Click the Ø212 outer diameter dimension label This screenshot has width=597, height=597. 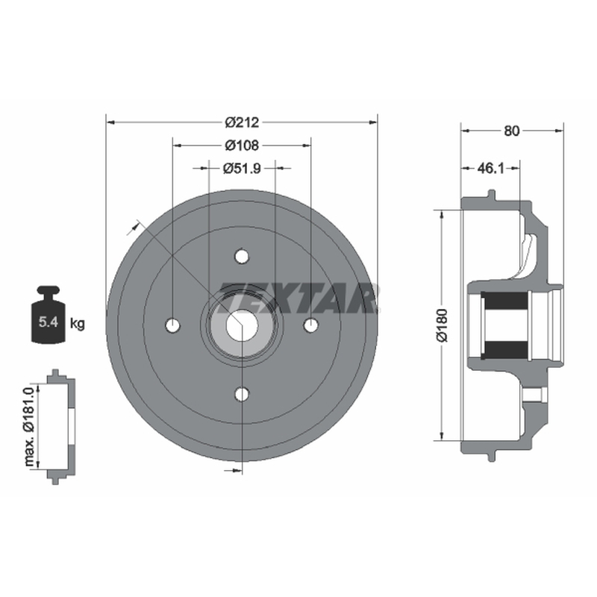point(242,122)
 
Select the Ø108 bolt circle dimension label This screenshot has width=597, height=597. point(242,145)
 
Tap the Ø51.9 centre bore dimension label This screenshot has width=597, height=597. point(242,168)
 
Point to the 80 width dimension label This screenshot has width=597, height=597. point(511,131)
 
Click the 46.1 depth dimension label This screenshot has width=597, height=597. point(490,168)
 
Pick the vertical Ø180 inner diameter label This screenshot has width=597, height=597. point(443,325)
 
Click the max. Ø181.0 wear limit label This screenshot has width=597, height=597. point(29,426)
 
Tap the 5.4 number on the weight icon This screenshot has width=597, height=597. point(48,322)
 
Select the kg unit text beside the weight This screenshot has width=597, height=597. point(78,324)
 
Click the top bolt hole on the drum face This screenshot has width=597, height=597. point(242,256)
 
